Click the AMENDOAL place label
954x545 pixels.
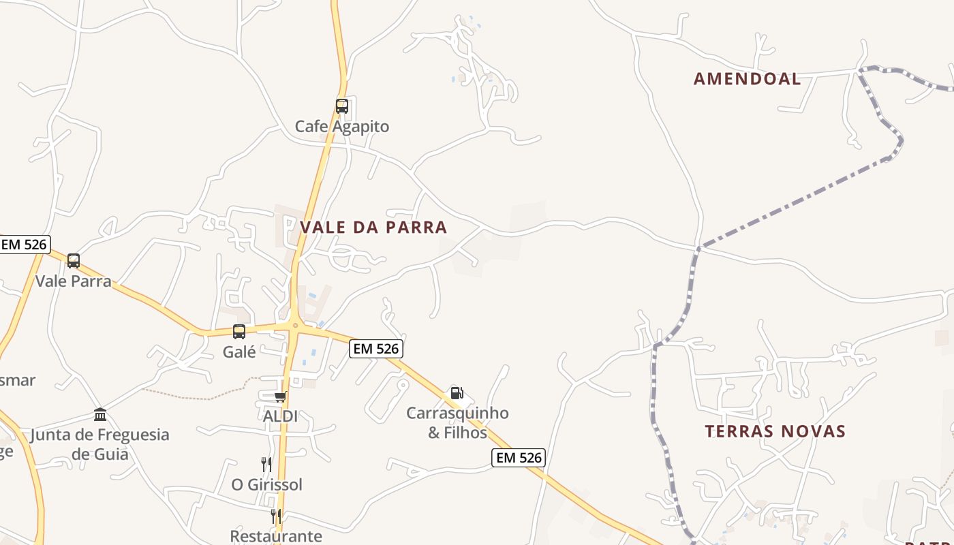(747, 79)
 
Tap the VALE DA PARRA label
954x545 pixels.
(373, 228)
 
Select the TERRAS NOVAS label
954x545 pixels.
(775, 431)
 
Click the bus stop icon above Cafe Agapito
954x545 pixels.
(342, 106)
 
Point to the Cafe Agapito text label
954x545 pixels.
(342, 127)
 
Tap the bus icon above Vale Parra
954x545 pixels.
(74, 261)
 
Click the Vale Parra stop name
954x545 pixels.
(74, 281)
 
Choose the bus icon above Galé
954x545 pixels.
(239, 332)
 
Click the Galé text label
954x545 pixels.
(239, 352)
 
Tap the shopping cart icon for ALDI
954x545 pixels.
(279, 397)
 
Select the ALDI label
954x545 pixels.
(280, 416)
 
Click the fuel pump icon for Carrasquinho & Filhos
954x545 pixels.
(457, 393)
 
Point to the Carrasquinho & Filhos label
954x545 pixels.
(457, 422)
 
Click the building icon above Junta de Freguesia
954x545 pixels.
(100, 415)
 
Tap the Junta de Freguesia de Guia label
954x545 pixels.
(100, 444)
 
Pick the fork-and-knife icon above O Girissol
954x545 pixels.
(266, 465)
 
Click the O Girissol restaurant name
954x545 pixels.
(266, 485)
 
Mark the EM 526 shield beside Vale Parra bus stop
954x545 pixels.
(25, 245)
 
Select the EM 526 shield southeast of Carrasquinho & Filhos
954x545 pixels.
(519, 458)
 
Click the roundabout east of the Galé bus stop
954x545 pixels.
(296, 326)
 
